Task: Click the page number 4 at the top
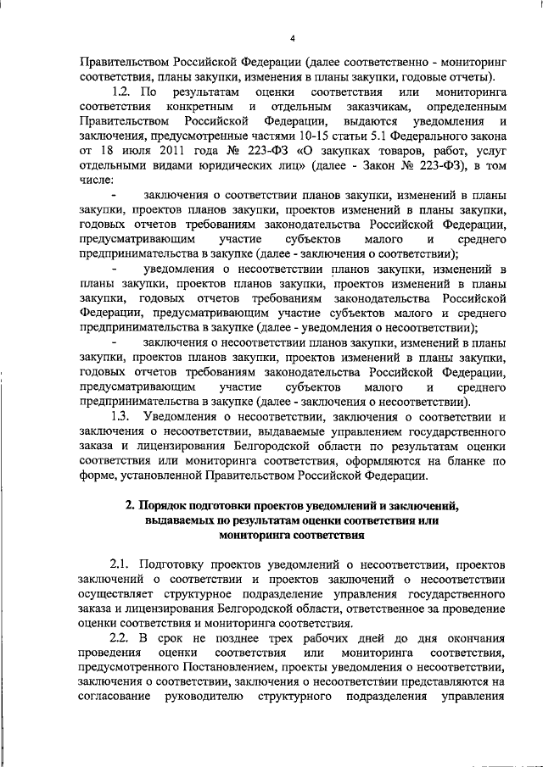[292, 38]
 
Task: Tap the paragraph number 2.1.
[123, 563]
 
